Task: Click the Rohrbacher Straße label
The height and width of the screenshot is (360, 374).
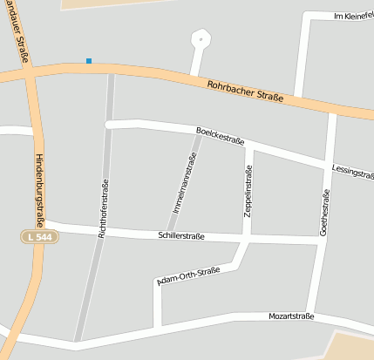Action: [247, 92]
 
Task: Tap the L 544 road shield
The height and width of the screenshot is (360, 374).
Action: [39, 236]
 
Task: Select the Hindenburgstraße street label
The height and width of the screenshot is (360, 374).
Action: [39, 191]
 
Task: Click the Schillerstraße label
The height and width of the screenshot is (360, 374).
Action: [181, 236]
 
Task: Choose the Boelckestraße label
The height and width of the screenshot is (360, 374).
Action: [220, 135]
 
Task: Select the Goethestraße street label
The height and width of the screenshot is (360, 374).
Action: [325, 213]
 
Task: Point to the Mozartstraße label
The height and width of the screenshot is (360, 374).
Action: [290, 316]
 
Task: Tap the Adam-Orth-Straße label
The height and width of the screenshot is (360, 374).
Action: [187, 276]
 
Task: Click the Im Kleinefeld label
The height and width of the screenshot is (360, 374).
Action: [353, 16]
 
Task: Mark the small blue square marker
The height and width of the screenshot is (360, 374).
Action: [89, 60]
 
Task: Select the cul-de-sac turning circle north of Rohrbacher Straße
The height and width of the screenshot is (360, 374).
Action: [201, 39]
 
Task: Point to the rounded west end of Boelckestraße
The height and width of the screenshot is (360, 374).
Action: [110, 125]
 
